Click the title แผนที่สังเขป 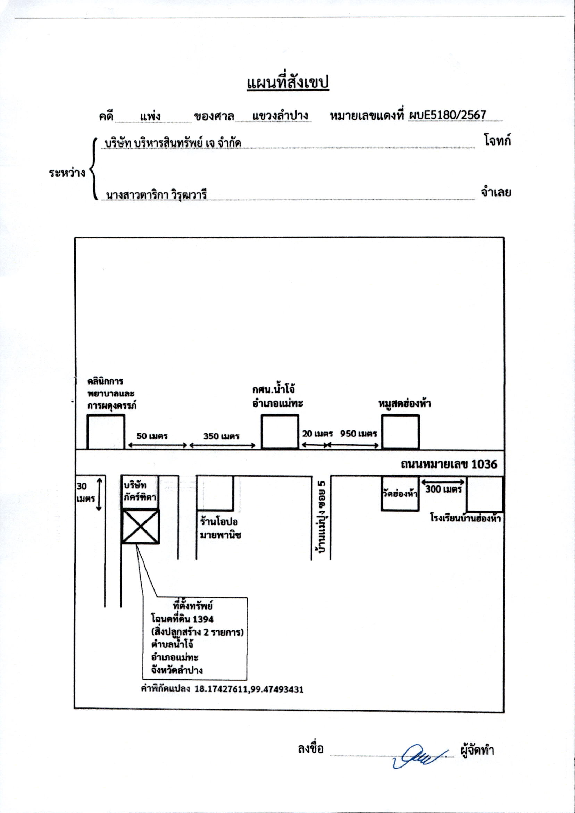[x=288, y=84]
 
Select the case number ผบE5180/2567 [x=447, y=115]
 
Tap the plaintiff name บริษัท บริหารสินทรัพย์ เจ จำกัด [x=173, y=143]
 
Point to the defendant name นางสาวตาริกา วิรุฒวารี [x=156, y=194]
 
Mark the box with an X [x=140, y=527]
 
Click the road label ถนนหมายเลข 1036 [x=449, y=464]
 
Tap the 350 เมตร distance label [x=222, y=436]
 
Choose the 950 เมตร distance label [x=359, y=434]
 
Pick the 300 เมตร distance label [x=443, y=489]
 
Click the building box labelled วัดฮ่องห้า [x=400, y=493]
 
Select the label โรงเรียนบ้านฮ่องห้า [x=466, y=518]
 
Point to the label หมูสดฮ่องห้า [x=405, y=403]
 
